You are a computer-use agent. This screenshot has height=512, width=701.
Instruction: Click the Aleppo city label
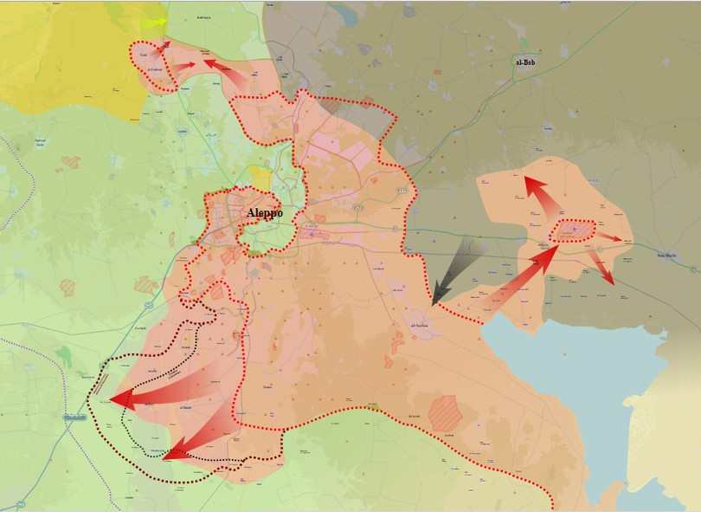pyautogui.click(x=265, y=213)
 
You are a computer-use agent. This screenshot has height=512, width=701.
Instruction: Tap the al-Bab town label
pyautogui.click(x=525, y=62)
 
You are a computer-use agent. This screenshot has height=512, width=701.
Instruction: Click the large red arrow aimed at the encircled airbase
pyautogui.click(x=519, y=277)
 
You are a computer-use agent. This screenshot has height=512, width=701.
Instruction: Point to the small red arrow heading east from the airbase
pyautogui.click(x=609, y=237)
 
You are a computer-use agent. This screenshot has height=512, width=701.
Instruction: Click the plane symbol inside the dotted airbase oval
pyautogui.click(x=571, y=230)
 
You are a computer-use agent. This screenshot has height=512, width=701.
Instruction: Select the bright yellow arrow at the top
pyautogui.click(x=154, y=23)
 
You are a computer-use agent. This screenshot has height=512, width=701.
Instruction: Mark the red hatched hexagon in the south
pyautogui.click(x=446, y=413)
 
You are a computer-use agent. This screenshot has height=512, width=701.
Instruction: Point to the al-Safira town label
pyautogui.click(x=419, y=326)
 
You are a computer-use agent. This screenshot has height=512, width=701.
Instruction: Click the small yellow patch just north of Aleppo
pyautogui.click(x=258, y=178)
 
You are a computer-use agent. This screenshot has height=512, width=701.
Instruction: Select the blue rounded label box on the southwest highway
pyautogui.click(x=74, y=418)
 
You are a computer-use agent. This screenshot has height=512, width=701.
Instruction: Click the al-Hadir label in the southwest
pyautogui.click(x=185, y=407)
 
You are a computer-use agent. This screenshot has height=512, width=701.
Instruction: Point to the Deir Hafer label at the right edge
pyautogui.click(x=667, y=255)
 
